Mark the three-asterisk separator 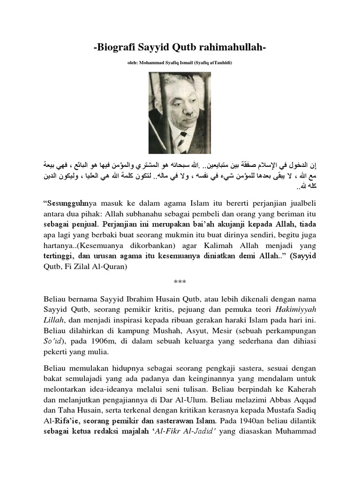180,282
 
